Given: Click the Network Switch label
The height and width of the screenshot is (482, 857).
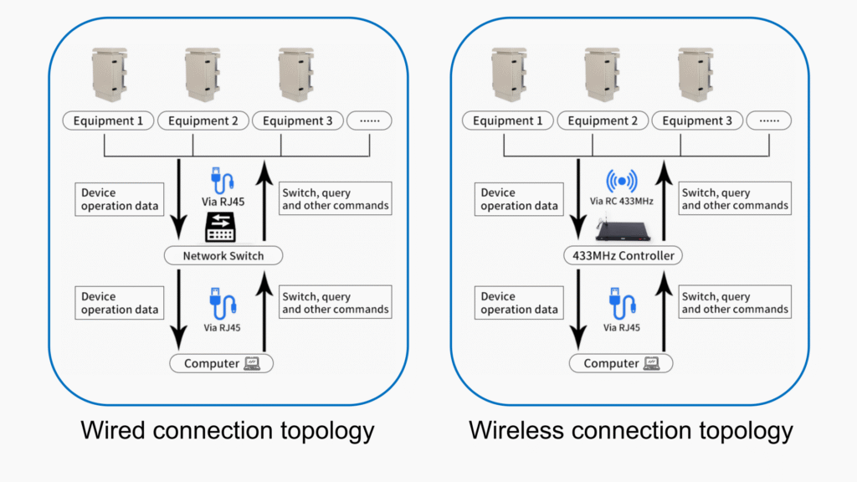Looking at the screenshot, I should (x=223, y=255).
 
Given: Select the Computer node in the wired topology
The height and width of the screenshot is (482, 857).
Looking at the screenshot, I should (x=222, y=363).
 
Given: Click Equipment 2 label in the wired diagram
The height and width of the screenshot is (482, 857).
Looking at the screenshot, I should (x=203, y=121).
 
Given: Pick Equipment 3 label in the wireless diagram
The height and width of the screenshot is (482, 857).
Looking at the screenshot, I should (x=697, y=121).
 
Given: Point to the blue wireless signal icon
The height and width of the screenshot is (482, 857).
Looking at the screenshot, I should (x=622, y=180).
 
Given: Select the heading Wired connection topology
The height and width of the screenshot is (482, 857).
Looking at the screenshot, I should (x=227, y=430).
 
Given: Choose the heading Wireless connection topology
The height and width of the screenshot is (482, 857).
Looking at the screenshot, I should (x=630, y=430).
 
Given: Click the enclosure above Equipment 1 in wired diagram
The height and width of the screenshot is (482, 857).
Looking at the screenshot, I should (x=109, y=75).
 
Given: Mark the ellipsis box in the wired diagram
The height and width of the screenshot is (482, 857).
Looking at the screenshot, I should (x=369, y=121).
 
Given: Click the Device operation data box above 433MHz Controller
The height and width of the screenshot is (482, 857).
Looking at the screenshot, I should (x=519, y=199).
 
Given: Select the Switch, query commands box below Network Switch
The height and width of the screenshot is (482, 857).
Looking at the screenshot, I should (x=336, y=303).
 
